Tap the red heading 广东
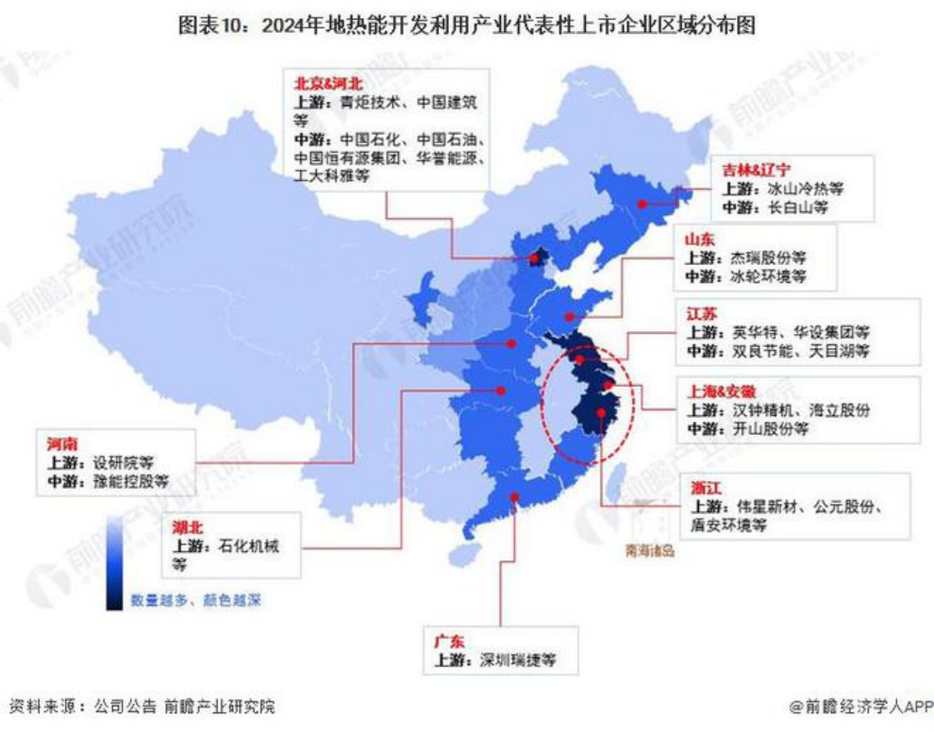[x=449, y=640]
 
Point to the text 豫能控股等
[x=129, y=481]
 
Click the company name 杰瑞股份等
[x=769, y=258]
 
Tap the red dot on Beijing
[x=536, y=256]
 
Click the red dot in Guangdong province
[x=514, y=498]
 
